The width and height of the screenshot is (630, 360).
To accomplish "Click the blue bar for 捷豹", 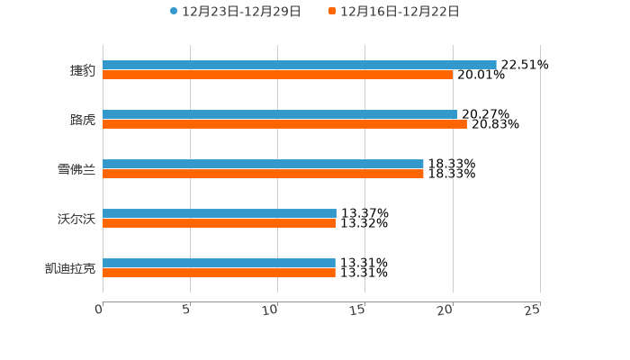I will pyautogui.click(x=299, y=65).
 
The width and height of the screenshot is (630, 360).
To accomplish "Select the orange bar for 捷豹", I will pyautogui.click(x=277, y=75).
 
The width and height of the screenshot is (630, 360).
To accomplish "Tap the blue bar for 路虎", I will pyautogui.click(x=280, y=114).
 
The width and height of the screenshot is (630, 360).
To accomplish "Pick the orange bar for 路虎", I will pyautogui.click(x=284, y=124).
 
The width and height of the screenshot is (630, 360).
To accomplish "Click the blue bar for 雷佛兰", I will pyautogui.click(x=263, y=164).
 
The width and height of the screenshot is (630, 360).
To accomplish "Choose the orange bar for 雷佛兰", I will pyautogui.click(x=263, y=174).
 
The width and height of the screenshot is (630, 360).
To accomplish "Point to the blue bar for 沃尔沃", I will pyautogui.click(x=220, y=213).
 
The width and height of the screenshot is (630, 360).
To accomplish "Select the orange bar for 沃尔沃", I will pyautogui.click(x=219, y=223).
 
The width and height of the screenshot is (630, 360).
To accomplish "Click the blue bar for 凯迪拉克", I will pyautogui.click(x=219, y=263).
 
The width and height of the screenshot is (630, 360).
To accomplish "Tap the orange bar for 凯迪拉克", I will pyautogui.click(x=219, y=273).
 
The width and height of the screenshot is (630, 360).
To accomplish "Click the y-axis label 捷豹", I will pyautogui.click(x=83, y=70).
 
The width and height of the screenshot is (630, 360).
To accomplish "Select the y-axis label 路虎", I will pyautogui.click(x=83, y=120).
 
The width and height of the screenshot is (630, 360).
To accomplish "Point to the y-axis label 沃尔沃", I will pyautogui.click(x=76, y=219).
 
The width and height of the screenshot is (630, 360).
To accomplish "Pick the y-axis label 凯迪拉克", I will pyautogui.click(x=70, y=268).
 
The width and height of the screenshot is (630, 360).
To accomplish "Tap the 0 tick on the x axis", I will pyautogui.click(x=99, y=310).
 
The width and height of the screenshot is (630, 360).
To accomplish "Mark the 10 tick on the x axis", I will pyautogui.click(x=270, y=310).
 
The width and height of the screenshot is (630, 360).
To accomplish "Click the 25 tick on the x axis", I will pyautogui.click(x=533, y=310).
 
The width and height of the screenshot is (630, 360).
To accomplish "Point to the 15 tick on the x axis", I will pyautogui.click(x=357, y=310).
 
